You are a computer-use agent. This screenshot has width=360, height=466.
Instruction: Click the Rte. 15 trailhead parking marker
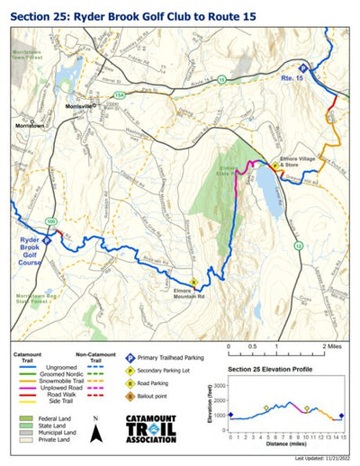point(302,68)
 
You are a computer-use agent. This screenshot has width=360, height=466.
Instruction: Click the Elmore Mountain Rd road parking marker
point(193,282)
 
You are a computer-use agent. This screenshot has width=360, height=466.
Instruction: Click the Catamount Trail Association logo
point(160,426)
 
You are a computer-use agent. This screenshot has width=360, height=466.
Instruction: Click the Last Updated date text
point(320,459)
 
